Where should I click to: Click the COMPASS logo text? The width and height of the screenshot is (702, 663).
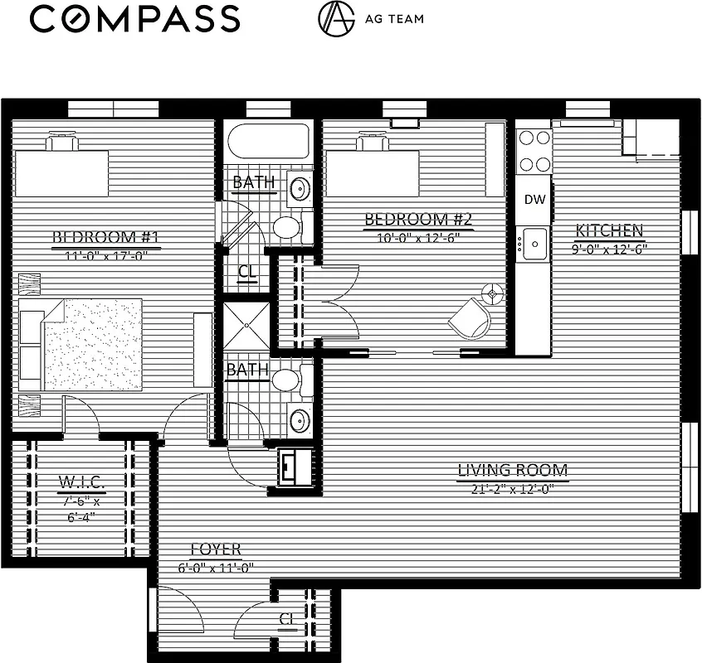[134, 18]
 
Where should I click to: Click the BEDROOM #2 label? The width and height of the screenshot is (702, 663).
[418, 220]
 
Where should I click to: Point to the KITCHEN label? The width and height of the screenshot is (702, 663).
[609, 230]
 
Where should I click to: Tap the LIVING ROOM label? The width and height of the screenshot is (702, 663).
[513, 471]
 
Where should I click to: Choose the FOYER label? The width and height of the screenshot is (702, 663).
[216, 549]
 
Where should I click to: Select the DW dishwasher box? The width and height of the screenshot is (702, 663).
[535, 200]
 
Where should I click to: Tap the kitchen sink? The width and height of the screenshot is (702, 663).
[535, 244]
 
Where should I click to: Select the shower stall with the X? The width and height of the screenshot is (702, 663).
[246, 327]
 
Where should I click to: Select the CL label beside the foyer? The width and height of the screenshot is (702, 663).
[287, 618]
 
